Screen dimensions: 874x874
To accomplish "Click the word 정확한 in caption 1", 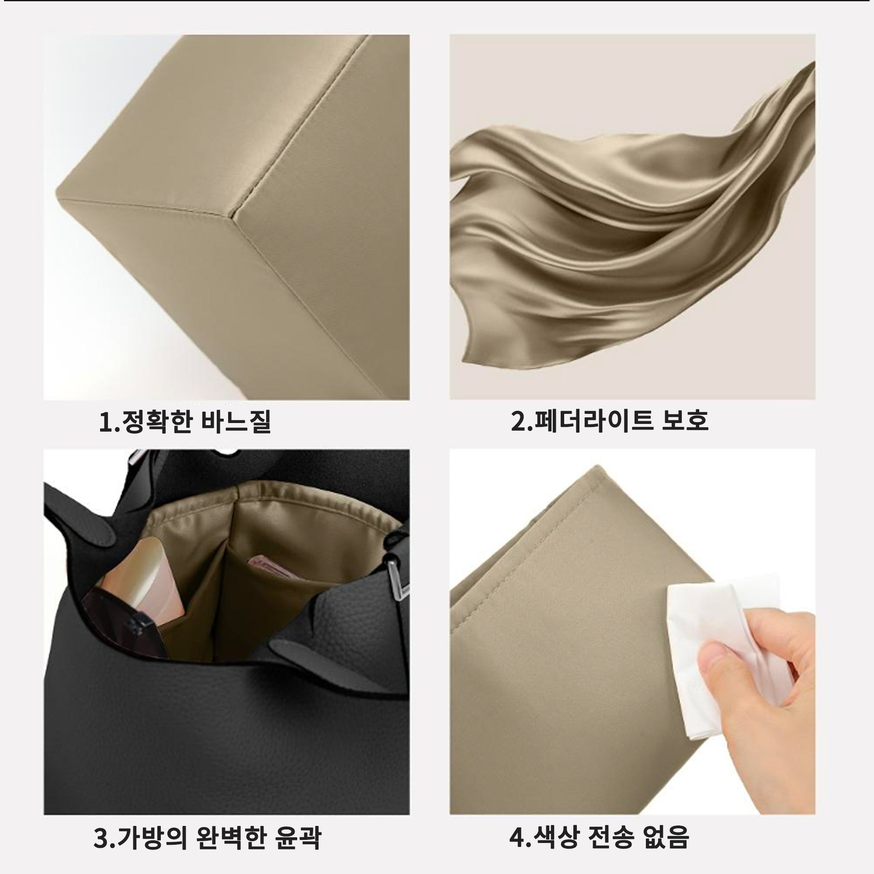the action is (x=154, y=421).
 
